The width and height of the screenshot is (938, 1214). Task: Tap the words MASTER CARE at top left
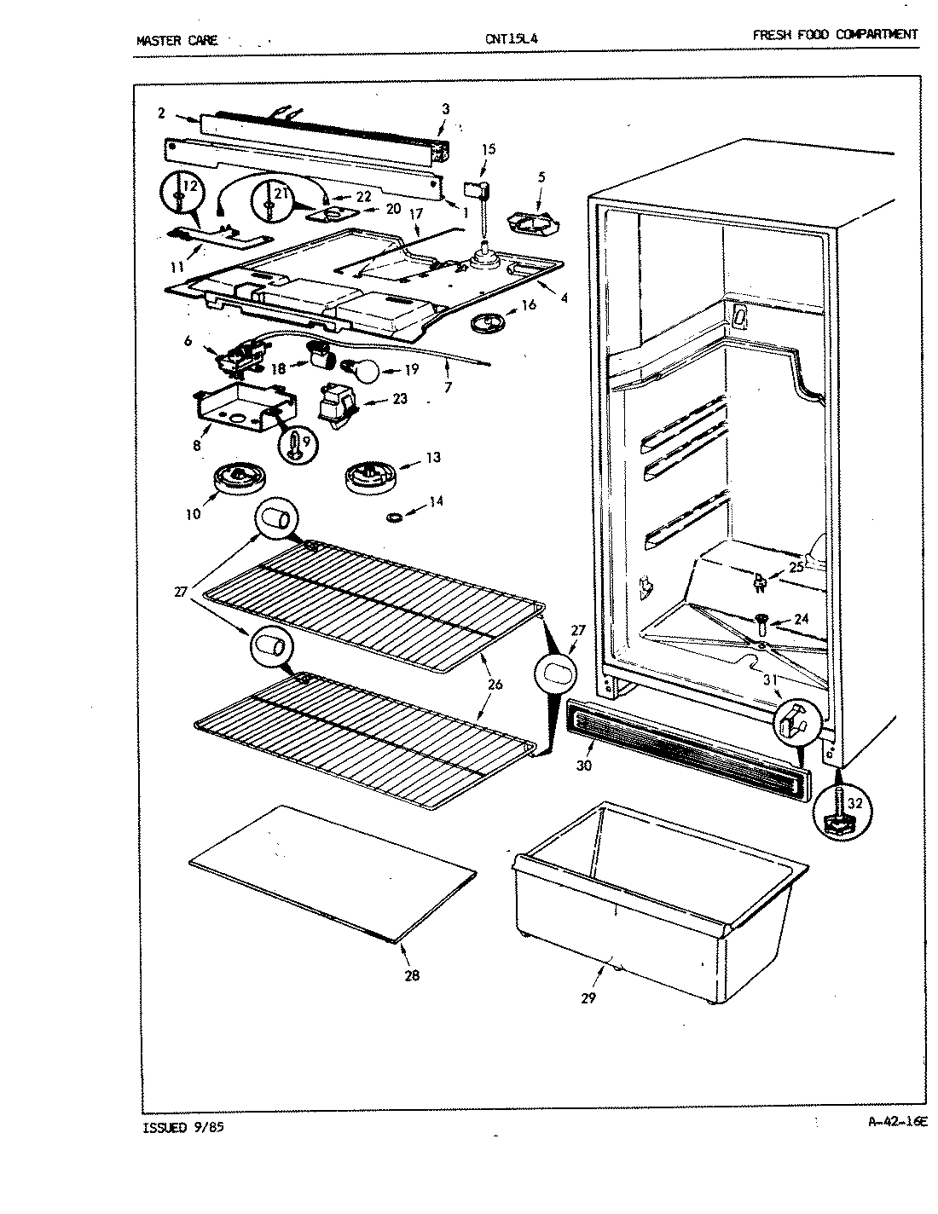click(x=177, y=39)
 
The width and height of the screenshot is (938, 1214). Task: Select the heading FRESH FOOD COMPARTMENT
click(x=835, y=35)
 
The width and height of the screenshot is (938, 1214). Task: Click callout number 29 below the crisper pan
click(x=588, y=997)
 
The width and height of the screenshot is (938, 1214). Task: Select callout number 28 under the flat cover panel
click(x=412, y=975)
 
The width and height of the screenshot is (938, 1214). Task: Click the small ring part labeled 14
click(x=396, y=517)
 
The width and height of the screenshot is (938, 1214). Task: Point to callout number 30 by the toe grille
click(x=583, y=766)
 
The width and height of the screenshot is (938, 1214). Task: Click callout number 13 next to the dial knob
click(x=433, y=458)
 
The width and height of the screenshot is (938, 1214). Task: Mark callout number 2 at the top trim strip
click(x=161, y=112)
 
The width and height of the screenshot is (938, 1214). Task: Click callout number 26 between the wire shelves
click(x=495, y=684)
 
